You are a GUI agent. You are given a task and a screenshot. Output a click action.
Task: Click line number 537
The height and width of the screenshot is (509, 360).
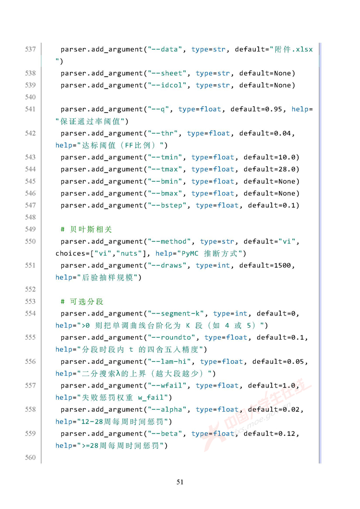(30, 49)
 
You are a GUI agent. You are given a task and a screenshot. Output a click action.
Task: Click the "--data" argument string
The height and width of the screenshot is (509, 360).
(165, 49)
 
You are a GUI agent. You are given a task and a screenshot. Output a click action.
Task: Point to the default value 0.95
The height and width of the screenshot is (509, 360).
(274, 110)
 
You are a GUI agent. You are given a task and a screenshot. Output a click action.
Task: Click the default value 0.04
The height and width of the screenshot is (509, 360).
(282, 133)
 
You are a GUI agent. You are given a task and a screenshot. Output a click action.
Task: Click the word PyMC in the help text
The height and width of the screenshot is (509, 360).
(190, 254)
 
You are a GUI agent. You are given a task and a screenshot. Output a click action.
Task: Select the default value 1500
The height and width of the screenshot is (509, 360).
(282, 266)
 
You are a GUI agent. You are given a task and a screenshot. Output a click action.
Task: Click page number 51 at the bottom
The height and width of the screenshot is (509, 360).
(180, 482)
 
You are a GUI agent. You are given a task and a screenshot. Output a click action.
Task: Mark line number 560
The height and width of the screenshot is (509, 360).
(30, 458)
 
